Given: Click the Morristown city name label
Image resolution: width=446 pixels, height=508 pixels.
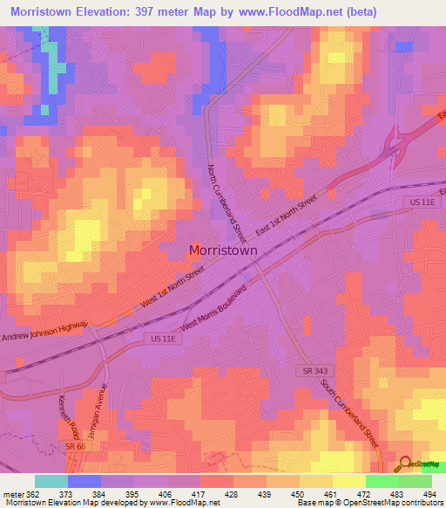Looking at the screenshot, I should (x=223, y=250).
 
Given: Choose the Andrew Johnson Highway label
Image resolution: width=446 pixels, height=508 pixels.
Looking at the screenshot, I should (x=45, y=332).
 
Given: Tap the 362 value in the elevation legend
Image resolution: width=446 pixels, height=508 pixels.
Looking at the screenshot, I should (x=32, y=495).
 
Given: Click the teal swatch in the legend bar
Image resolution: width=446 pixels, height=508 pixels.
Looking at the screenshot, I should (x=51, y=481).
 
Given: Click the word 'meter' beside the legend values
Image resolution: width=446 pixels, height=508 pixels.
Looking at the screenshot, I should (x=12, y=495).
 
